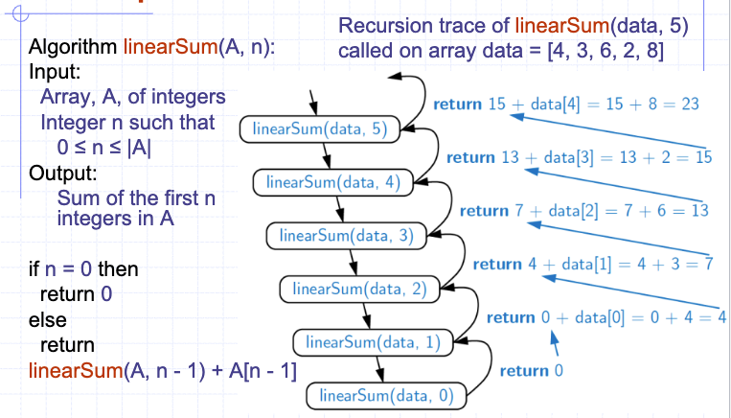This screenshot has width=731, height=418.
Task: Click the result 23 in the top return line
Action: click(689, 104)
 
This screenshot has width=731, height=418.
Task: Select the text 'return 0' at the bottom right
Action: click(532, 370)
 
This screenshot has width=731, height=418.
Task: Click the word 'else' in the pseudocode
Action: click(48, 318)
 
